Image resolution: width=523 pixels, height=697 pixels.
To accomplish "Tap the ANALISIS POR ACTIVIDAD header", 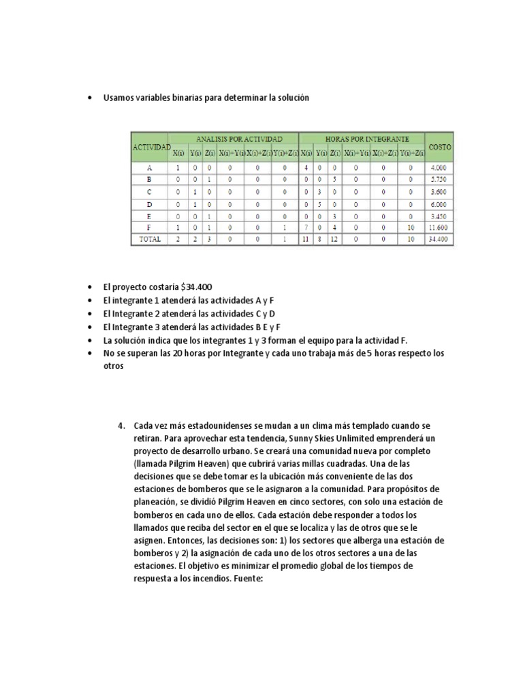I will pyautogui.click(x=234, y=139).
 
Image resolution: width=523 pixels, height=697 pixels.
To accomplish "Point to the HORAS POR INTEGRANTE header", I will pyautogui.click(x=362, y=139).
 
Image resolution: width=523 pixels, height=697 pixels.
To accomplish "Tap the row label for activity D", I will pyautogui.click(x=149, y=204).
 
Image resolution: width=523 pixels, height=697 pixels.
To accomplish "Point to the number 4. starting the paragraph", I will pyautogui.click(x=122, y=426).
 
